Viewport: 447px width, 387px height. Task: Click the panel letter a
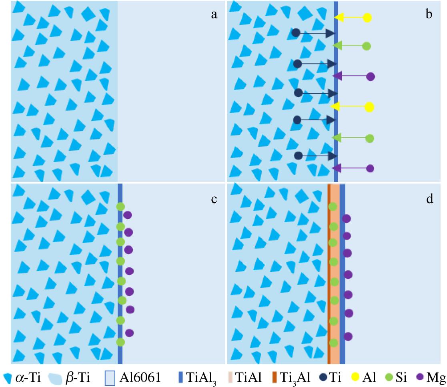click(x=214, y=15)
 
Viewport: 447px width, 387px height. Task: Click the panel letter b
click(x=429, y=15)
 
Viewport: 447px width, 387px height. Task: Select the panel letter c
click(x=214, y=199)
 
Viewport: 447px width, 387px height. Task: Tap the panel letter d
click(x=430, y=199)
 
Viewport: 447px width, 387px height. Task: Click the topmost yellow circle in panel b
click(x=367, y=18)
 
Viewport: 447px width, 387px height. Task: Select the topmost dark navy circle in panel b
click(x=296, y=33)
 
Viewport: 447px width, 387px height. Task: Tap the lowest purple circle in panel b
click(x=370, y=168)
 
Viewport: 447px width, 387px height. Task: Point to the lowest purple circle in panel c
click(x=129, y=333)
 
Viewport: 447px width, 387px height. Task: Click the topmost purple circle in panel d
click(x=346, y=219)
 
